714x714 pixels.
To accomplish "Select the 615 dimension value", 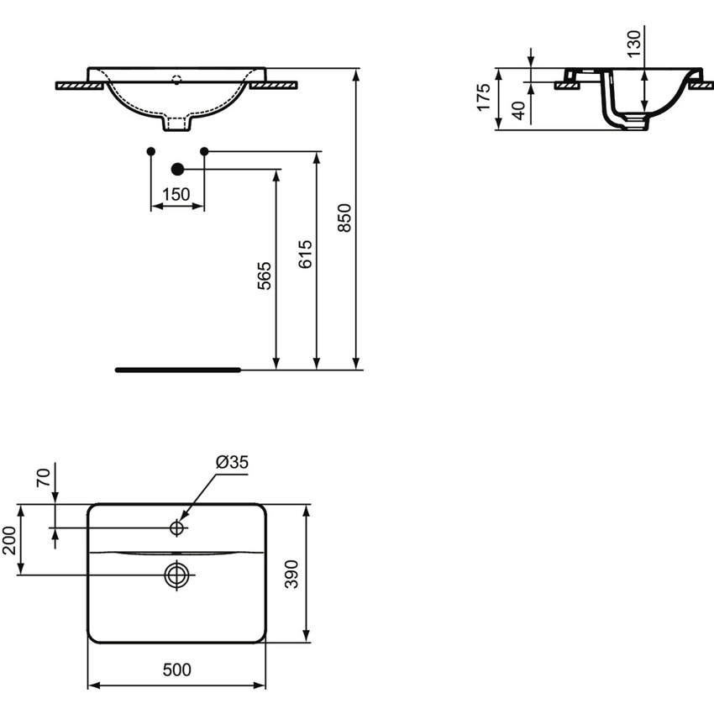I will [x=306, y=254].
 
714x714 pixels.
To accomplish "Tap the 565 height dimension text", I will [x=265, y=276].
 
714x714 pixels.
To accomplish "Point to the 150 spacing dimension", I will [x=176, y=194].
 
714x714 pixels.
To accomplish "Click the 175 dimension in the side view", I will [x=483, y=97].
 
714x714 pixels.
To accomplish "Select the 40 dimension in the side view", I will [x=518, y=110].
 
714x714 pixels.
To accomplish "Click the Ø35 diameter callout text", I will [x=232, y=462].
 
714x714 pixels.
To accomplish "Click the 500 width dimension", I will [x=176, y=669].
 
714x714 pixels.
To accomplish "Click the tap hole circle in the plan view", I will [x=177, y=528].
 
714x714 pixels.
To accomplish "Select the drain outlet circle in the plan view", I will [x=176, y=575].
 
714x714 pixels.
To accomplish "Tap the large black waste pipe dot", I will [x=177, y=169].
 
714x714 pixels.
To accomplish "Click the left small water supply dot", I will [x=150, y=151].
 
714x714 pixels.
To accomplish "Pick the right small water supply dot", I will [x=204, y=151].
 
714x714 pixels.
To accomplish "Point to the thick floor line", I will [x=177, y=369].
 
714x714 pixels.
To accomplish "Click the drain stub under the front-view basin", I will [x=176, y=124].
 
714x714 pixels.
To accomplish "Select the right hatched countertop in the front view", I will [x=274, y=85].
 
